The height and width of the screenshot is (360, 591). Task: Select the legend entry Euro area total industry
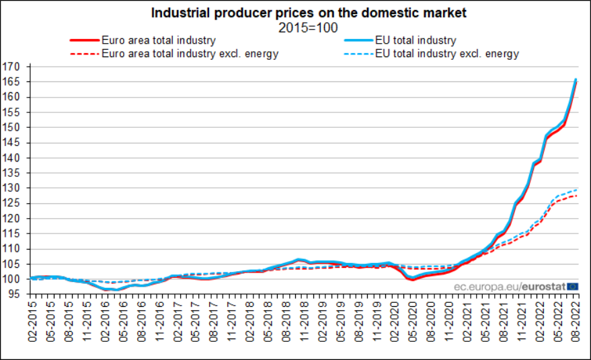point(159,40)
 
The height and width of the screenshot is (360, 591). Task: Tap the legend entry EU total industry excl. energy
point(447,54)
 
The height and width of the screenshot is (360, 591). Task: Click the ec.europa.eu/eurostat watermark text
point(501,287)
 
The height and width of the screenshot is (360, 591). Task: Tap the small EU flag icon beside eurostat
point(572,287)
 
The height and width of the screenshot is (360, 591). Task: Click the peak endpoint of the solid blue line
point(576,79)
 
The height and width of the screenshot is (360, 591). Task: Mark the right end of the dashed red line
point(576,196)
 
